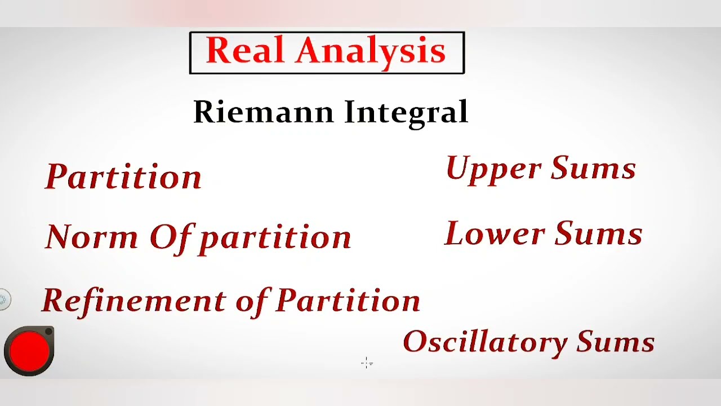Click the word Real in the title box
click(x=246, y=51)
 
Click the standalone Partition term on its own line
click(x=123, y=176)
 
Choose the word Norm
click(x=92, y=236)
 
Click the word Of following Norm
click(x=172, y=237)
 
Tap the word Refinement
click(x=134, y=300)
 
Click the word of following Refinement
click(x=253, y=301)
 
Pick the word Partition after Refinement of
click(x=348, y=301)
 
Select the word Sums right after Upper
click(x=593, y=168)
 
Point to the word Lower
click(x=495, y=234)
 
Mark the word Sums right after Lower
click(x=598, y=233)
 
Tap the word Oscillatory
click(x=485, y=342)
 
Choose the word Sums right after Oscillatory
click(x=615, y=342)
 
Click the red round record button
click(x=29, y=350)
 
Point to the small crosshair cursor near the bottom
click(x=367, y=363)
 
